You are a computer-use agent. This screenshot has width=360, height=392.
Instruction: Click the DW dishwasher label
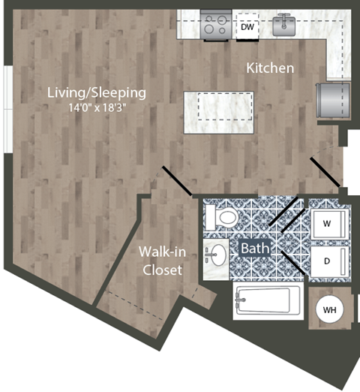[x=247, y=28]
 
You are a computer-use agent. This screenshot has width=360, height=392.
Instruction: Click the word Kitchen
[x=270, y=68]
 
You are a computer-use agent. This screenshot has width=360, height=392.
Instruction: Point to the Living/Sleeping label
[x=96, y=93]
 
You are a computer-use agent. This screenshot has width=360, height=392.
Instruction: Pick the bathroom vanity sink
[x=216, y=255]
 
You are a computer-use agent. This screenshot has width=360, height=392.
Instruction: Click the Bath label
[x=250, y=246]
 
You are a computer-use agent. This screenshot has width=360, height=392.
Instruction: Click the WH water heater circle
[x=328, y=309]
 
